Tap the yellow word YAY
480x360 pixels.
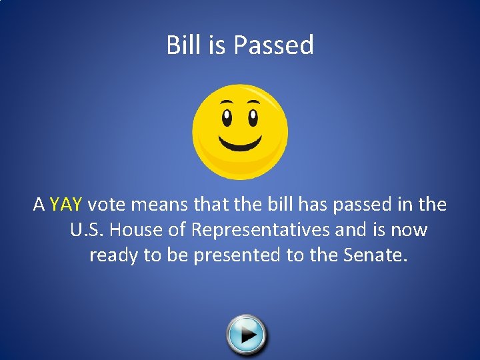(x=65, y=205)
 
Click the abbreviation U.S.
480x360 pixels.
(x=85, y=230)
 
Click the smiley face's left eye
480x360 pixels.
(x=227, y=118)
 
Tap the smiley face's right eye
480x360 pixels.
(x=253, y=118)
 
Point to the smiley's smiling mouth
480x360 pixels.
(x=240, y=142)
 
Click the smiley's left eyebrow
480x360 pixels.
(x=227, y=102)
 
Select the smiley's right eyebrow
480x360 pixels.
(x=253, y=102)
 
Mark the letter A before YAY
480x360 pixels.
(x=39, y=205)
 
